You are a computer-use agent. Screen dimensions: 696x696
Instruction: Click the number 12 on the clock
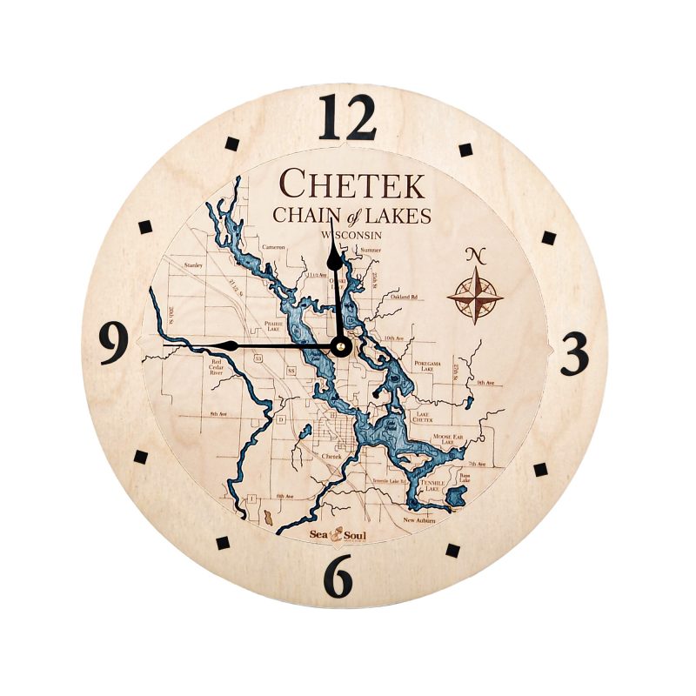tap(347, 117)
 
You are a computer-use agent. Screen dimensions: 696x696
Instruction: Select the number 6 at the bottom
tap(339, 575)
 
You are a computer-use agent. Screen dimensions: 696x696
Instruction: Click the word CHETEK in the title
tap(351, 184)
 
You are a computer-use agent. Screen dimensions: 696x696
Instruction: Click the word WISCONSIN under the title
tap(354, 236)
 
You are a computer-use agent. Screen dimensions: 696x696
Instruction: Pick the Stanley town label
tap(193, 264)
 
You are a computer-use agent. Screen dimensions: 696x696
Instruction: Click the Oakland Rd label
tap(405, 297)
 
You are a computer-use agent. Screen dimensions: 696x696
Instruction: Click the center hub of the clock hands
tap(340, 346)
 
